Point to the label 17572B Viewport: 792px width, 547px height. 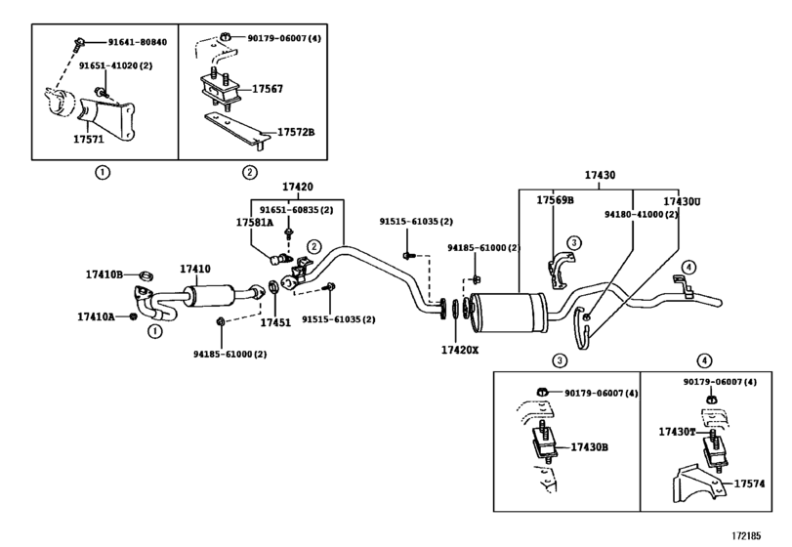click(295, 132)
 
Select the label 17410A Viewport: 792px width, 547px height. click(97, 316)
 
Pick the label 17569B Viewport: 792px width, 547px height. click(554, 200)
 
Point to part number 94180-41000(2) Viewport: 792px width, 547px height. click(641, 213)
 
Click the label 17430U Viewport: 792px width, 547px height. click(683, 201)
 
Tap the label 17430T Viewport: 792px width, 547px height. click(677, 431)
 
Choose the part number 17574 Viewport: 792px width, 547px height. click(748, 483)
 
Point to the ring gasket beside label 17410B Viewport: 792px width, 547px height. click(143, 273)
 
